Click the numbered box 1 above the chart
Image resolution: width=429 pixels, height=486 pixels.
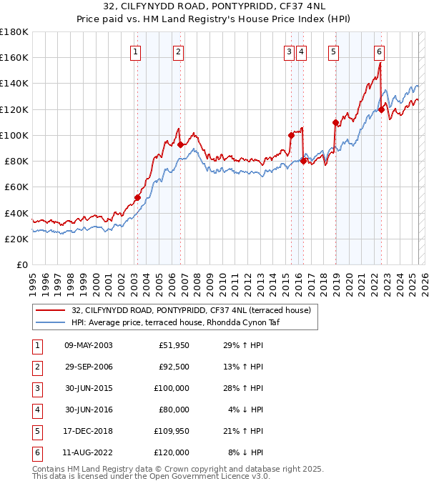click(135, 51)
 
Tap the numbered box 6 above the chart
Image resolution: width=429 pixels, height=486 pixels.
click(379, 51)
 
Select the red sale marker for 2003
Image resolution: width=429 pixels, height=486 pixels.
click(137, 197)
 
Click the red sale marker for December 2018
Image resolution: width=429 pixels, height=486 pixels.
click(335, 122)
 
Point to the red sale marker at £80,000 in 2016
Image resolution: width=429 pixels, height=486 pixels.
click(303, 161)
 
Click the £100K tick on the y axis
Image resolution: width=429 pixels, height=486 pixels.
click(14, 135)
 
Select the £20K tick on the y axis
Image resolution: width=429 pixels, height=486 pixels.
click(16, 239)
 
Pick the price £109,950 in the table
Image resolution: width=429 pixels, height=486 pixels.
click(172, 431)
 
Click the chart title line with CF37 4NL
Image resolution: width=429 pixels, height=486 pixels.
click(214, 9)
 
